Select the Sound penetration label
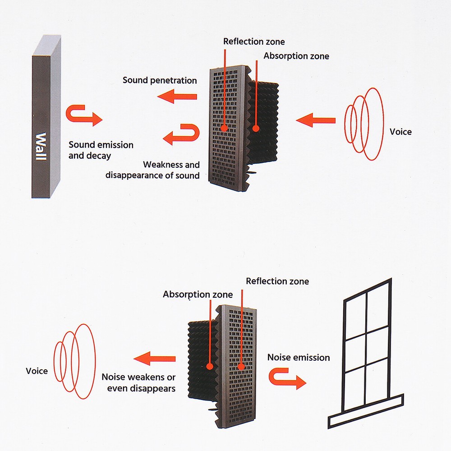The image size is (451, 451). pyautogui.click(x=160, y=81)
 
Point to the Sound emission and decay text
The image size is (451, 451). pyautogui.click(x=101, y=150)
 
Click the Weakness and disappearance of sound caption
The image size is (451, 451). pyautogui.click(x=152, y=170)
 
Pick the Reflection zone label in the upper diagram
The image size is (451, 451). pyautogui.click(x=254, y=41)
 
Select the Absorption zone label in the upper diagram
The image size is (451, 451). pyautogui.click(x=296, y=56)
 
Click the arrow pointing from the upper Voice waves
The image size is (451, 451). pyautogui.click(x=316, y=120)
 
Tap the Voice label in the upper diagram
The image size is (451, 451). pyautogui.click(x=400, y=132)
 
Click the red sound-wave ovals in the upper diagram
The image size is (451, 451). pyautogui.click(x=365, y=124)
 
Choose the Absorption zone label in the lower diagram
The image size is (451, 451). pyautogui.click(x=198, y=295)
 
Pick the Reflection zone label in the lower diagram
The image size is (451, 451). pyautogui.click(x=277, y=281)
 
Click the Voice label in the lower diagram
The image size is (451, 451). pyautogui.click(x=37, y=371)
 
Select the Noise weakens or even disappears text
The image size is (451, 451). pyautogui.click(x=138, y=382)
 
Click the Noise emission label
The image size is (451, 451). pyautogui.click(x=299, y=358)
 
